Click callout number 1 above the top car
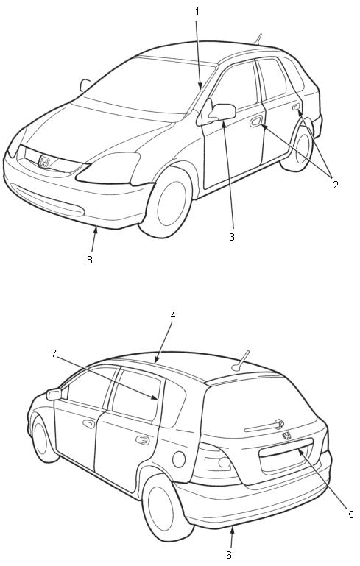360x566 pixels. coord(197,12)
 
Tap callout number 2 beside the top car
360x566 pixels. coord(336,185)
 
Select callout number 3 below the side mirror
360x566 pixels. coord(231,237)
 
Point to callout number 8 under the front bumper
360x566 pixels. coord(90,260)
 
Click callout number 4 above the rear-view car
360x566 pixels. coord(173,315)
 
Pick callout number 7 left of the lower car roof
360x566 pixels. coord(54,353)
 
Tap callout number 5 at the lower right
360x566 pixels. coord(351,514)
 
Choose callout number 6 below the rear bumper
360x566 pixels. coord(228,555)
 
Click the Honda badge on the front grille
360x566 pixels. coord(44,161)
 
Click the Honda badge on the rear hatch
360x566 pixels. coord(286,436)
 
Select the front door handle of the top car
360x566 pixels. coord(255,121)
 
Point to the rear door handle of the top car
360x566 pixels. coord(295,106)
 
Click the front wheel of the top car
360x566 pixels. coord(169,202)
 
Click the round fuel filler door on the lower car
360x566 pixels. coord(179,459)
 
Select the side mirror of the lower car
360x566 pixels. coord(54,394)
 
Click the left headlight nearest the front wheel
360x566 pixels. coord(108,168)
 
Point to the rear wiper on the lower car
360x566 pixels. coord(264,425)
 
